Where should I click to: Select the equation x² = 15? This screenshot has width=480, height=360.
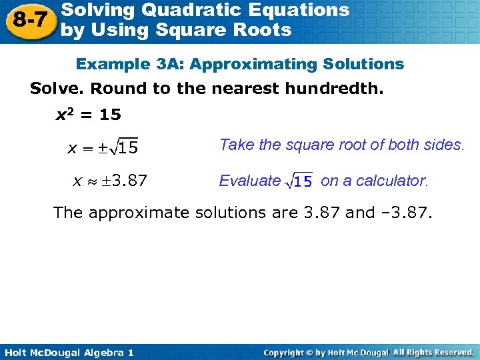87,115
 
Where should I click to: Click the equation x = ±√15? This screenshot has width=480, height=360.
103,147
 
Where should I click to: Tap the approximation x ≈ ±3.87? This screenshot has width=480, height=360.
110,180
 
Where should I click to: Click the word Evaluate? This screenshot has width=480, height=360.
250,181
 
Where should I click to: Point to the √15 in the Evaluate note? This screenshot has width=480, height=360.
299,181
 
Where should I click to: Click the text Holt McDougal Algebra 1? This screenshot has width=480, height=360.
67,352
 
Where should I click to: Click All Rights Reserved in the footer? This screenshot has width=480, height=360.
433,352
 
